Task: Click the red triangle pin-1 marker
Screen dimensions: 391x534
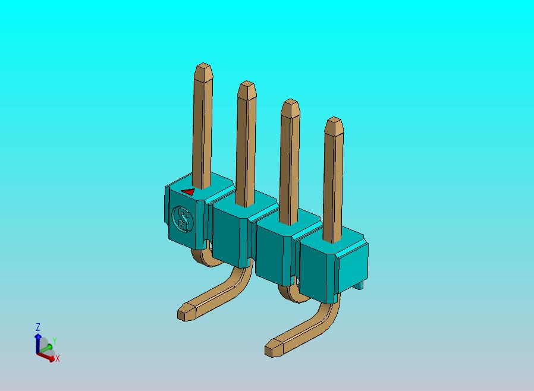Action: click(188, 192)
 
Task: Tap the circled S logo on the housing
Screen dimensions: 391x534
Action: click(183, 219)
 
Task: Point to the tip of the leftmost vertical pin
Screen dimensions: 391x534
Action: click(203, 66)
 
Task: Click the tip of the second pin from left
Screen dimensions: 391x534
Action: click(246, 84)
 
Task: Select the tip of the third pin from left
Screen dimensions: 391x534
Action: click(290, 103)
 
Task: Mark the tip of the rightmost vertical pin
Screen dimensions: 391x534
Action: click(334, 121)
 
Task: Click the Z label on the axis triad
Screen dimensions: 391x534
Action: click(37, 327)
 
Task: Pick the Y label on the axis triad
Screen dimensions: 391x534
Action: click(54, 340)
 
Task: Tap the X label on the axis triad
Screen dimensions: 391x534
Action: click(58, 358)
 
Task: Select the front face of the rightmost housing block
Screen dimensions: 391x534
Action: click(319, 267)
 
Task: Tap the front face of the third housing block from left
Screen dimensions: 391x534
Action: click(274, 250)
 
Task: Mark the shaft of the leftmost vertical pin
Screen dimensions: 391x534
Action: click(203, 131)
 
